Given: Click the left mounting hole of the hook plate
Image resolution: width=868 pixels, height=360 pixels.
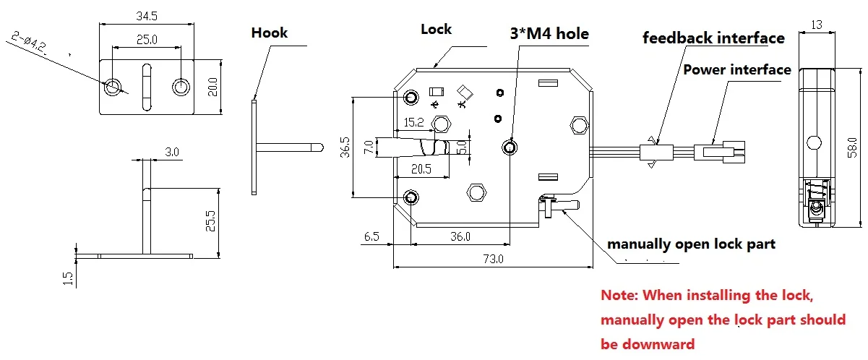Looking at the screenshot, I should pos(113,87).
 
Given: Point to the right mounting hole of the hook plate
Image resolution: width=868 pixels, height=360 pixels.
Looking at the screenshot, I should pos(181,87).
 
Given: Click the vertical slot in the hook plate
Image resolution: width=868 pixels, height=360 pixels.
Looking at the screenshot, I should pos(147,87).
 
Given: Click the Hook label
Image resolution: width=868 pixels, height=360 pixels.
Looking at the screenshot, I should pos(269,33).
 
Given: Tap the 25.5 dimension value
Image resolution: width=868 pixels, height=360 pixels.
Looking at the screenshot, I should pos(209,221).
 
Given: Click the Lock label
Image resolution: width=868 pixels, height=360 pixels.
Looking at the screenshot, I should pos(436,30).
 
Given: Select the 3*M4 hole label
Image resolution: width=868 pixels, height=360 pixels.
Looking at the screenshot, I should pos(549,33).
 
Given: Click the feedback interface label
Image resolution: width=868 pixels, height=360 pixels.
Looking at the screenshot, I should pos(713,38).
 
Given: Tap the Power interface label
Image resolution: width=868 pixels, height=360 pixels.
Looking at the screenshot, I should pos(736,70).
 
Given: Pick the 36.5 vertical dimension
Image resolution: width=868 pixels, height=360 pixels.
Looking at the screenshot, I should pos(345,147).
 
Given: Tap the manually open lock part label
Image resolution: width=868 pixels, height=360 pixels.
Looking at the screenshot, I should pos(691,244).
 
